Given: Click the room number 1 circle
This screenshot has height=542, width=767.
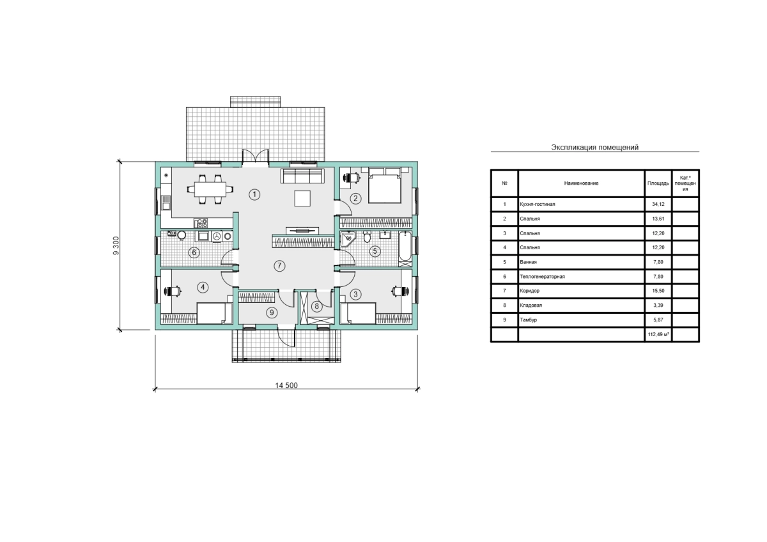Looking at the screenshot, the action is click(254, 195).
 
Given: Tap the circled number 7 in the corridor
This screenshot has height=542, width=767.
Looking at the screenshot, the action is click(279, 266).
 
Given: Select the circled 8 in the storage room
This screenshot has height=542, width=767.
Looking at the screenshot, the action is click(317, 306).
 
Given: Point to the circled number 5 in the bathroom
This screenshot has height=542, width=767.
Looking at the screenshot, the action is click(375, 251).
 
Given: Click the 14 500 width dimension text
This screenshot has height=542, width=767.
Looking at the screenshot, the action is click(286, 385).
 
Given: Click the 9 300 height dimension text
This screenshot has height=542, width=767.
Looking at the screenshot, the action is click(116, 245).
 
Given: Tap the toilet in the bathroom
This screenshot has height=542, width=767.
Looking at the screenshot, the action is click(367, 236).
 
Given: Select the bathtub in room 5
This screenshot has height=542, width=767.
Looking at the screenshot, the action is click(405, 249).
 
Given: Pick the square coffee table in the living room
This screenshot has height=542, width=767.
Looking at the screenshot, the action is click(302, 199).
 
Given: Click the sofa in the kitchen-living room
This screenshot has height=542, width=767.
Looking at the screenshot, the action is click(302, 176).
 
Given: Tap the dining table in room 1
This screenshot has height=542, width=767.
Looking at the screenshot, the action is click(210, 189).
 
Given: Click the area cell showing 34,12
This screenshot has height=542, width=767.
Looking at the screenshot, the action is click(658, 204).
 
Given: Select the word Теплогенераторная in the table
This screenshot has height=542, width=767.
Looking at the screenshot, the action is click(543, 277).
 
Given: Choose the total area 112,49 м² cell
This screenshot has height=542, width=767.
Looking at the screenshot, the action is click(658, 334).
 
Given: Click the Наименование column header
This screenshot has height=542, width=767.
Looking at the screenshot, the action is click(582, 183).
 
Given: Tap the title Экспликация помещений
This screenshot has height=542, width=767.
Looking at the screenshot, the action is click(595, 147).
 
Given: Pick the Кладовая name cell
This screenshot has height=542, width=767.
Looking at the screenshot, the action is click(582, 306).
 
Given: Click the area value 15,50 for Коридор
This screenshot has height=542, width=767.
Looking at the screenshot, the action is click(658, 291).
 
